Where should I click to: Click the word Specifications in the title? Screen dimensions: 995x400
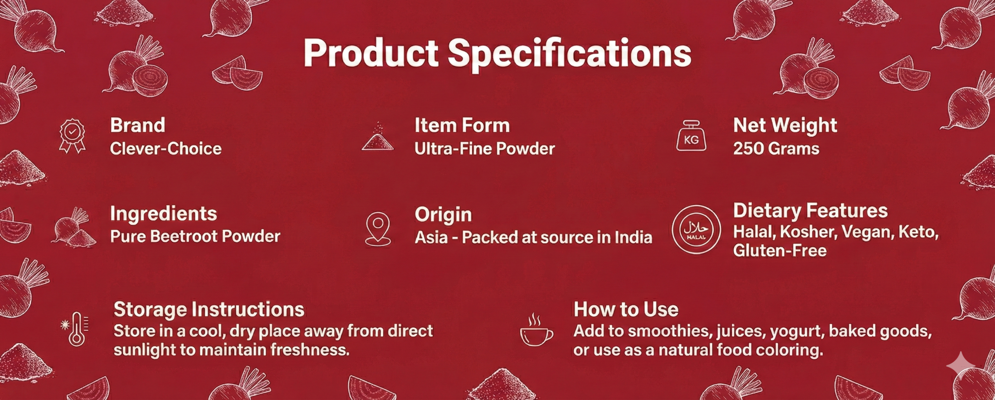point(569,54)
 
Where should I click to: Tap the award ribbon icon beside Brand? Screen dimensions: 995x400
point(72,136)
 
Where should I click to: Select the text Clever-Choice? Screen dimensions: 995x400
point(166,148)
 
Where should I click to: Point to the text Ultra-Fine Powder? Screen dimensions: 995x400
point(485,148)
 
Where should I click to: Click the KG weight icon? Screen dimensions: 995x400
point(691,136)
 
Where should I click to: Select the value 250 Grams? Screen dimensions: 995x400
point(776,148)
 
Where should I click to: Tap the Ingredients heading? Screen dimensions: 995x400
point(164,214)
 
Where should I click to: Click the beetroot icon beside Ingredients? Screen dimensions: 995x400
point(74,227)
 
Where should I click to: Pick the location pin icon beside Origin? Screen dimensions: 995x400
point(378,229)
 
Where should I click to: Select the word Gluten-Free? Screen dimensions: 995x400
point(780,250)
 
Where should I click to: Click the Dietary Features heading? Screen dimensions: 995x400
point(810,211)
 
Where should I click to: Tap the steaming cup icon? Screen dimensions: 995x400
point(536,329)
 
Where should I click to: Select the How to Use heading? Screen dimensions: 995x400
point(626,309)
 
